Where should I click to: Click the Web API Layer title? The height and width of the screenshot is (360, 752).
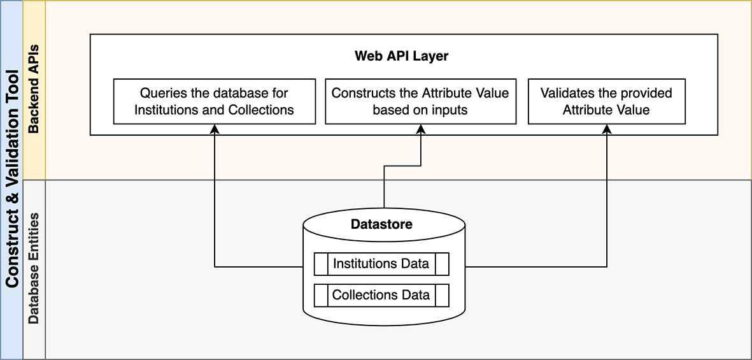[x=401, y=56]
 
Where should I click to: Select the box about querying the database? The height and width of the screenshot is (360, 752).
[x=214, y=101]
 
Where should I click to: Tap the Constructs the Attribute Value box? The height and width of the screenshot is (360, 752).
[x=420, y=101]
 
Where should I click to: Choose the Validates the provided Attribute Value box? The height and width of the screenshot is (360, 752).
[x=606, y=101]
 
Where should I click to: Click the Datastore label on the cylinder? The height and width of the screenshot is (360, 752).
[x=381, y=224]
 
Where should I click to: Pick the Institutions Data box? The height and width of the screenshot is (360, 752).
[x=381, y=264]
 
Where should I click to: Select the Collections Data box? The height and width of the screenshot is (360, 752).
[x=381, y=295]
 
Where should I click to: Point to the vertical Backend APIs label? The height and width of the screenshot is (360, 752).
[x=34, y=89]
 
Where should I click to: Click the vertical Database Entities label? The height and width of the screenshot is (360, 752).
[x=34, y=268]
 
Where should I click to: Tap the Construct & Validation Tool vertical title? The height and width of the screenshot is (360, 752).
[x=11, y=180]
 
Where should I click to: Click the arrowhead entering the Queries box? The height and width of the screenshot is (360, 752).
[x=215, y=129]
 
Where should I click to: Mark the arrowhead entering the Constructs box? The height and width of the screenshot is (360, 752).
[x=420, y=129]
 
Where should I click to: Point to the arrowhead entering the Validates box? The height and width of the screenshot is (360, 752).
[x=606, y=129]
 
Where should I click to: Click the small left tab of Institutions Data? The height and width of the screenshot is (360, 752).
[x=321, y=264]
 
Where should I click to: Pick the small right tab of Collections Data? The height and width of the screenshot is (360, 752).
[x=442, y=295]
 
